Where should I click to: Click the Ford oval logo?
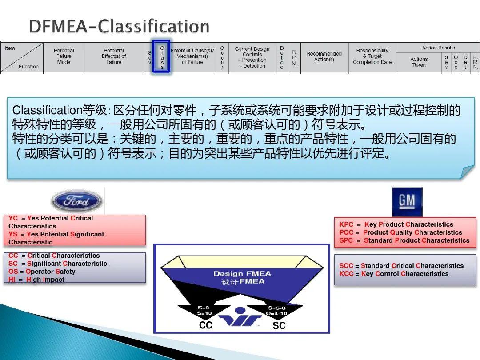[76, 201]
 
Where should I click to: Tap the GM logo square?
[407, 201]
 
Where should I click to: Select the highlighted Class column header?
[162, 57]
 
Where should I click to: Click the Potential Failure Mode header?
[64, 56]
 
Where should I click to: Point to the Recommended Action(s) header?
[324, 56]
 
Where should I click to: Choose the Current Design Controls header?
[252, 57]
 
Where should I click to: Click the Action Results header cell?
[438, 48]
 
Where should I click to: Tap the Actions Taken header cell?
[419, 62]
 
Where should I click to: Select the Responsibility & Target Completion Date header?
[372, 56]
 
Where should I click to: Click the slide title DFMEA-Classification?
[119, 26]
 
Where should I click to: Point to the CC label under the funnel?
[206, 325]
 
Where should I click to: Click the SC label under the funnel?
[279, 325]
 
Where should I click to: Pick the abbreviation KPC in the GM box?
[346, 224]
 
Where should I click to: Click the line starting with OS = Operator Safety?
[42, 272]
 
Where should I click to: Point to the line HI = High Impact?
[36, 280]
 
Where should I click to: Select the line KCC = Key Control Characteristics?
[394, 274]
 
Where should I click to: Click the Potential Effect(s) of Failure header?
[114, 56]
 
